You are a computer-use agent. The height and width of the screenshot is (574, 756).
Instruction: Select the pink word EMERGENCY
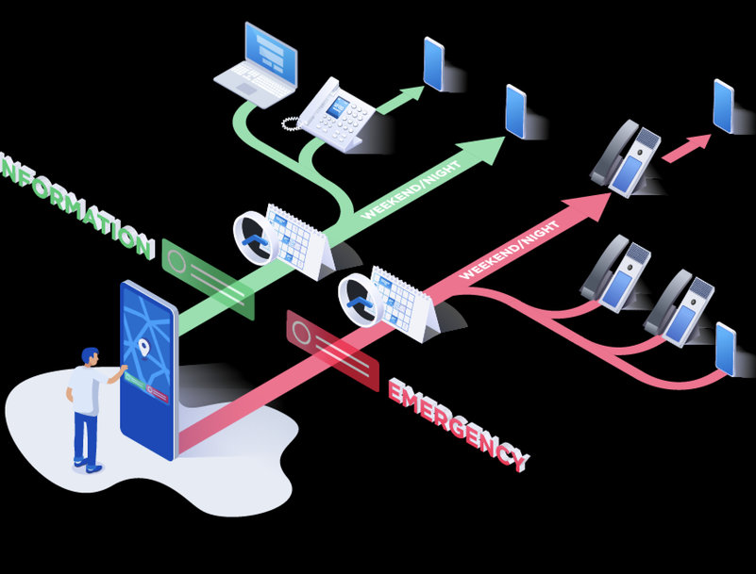coord(458,424)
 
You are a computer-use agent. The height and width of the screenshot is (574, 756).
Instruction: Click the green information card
coord(209,279)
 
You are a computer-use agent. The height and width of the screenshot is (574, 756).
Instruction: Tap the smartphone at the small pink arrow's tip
coord(724,106)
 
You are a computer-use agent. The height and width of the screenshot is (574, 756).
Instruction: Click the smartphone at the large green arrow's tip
coord(515,111)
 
